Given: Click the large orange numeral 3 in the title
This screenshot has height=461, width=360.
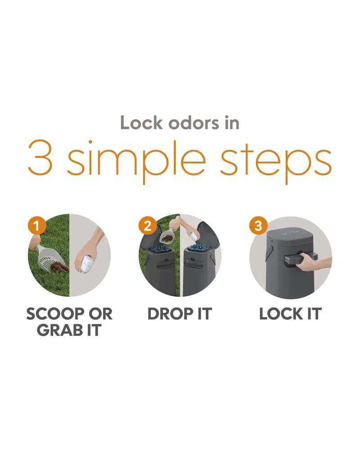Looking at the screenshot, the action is (40, 158).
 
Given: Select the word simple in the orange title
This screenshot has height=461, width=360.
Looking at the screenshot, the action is (136, 162).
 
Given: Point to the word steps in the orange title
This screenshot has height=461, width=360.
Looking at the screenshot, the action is (276, 162).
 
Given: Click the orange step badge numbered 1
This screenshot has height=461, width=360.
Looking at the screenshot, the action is (37, 226).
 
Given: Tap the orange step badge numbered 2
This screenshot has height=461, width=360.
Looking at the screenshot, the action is (148, 226).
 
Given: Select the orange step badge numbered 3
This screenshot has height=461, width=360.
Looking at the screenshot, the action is (258, 226).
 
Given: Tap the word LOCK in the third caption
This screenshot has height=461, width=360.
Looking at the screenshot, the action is (281, 314).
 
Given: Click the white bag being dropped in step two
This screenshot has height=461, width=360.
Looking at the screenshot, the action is (194, 238).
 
